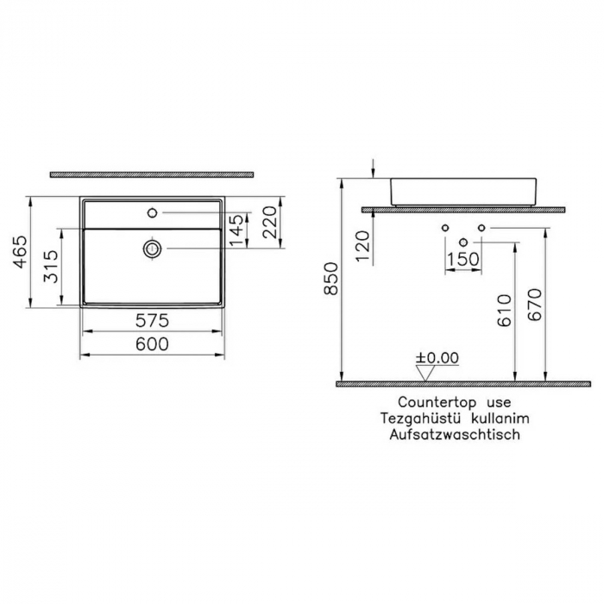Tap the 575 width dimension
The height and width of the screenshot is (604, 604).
click(152, 321)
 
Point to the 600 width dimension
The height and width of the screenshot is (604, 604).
click(152, 343)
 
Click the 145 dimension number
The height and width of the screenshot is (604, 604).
click(236, 229)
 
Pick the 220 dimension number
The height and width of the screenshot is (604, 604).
click(269, 223)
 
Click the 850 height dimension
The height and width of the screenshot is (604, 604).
click(330, 280)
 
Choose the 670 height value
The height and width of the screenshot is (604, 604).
click(536, 304)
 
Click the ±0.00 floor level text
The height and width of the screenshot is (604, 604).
click(437, 357)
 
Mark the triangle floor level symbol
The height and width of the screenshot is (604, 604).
click(425, 372)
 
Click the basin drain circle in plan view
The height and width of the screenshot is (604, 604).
click(153, 249)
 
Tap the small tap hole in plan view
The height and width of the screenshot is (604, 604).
click(153, 211)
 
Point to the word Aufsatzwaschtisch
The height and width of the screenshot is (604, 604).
click(454, 435)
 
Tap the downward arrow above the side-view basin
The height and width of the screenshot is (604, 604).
click(373, 167)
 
